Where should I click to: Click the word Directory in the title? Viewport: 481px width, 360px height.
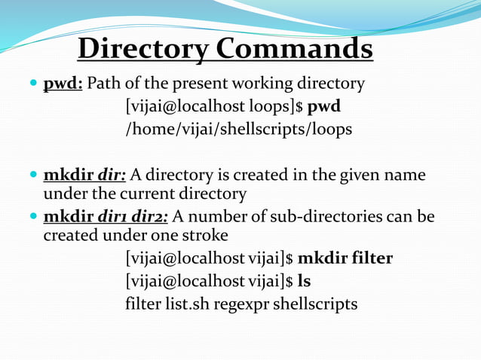tap(143, 49)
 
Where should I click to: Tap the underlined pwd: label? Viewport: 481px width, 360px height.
tap(63, 83)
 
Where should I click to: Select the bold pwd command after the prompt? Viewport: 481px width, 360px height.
tap(324, 106)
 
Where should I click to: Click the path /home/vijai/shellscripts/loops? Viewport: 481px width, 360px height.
tap(238, 130)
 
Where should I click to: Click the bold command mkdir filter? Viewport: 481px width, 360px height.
tap(345, 259)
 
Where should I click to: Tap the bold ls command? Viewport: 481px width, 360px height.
tap(305, 282)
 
